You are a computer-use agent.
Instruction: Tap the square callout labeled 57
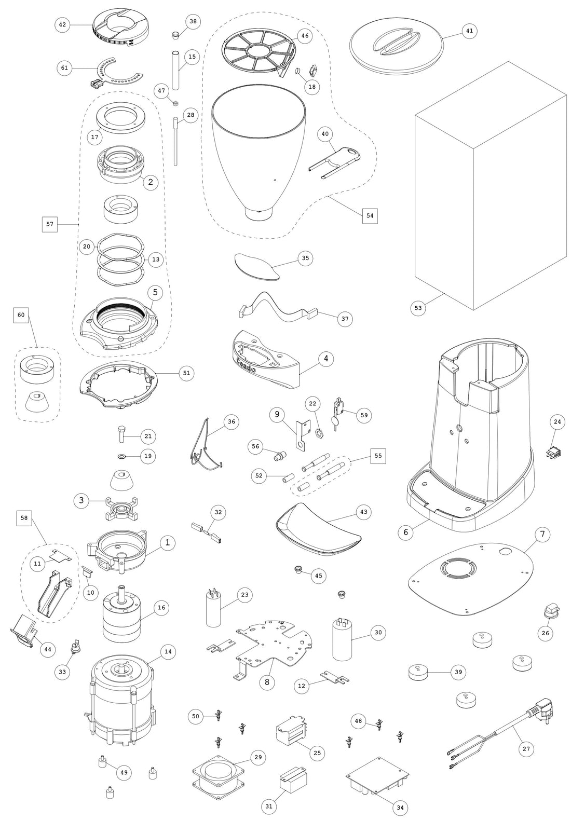[50, 224]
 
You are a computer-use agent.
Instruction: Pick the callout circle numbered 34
[400, 808]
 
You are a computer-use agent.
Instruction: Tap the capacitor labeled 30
[342, 639]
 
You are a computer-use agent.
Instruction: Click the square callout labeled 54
[370, 215]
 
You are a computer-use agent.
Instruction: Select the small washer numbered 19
[121, 456]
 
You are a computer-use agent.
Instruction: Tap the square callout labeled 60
[21, 315]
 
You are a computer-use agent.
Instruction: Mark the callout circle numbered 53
[418, 307]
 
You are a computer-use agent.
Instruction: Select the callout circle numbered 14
[168, 652]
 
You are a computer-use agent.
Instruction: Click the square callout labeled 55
[378, 455]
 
